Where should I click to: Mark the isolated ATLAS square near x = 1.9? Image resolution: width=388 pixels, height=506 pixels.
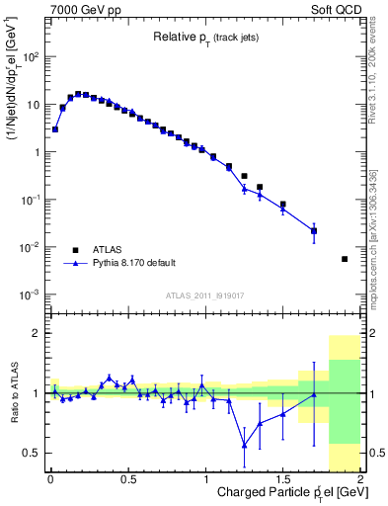345,259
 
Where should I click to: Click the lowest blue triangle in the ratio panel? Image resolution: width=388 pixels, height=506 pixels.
244,446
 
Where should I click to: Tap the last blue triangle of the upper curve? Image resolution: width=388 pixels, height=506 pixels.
314,231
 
